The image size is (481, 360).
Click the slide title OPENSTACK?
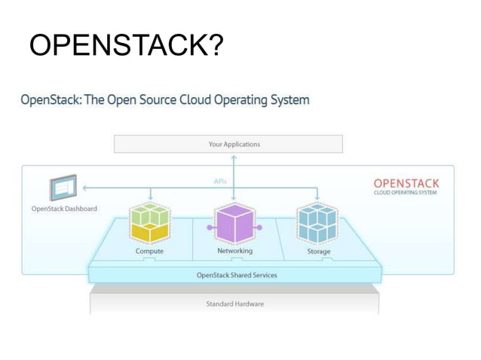(x=126, y=46)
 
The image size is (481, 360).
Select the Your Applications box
(x=228, y=144)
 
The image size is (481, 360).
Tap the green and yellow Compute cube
(x=150, y=223)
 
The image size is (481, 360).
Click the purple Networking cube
(x=234, y=223)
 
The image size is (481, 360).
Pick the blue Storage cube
(x=317, y=223)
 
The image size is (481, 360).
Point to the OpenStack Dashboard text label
(x=64, y=209)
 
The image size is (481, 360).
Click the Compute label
(x=149, y=251)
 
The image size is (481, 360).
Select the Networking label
(x=234, y=251)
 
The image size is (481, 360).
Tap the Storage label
(x=318, y=252)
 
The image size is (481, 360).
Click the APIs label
(x=220, y=182)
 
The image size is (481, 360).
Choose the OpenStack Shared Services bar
(x=236, y=275)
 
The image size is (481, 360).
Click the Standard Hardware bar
(x=234, y=304)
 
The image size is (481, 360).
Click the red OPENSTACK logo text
(x=406, y=183)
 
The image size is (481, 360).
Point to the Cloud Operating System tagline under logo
(x=405, y=193)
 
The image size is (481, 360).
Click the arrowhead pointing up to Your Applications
(x=234, y=157)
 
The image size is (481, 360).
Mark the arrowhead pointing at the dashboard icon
(x=84, y=188)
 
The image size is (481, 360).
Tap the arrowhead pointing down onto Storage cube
(x=317, y=199)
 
